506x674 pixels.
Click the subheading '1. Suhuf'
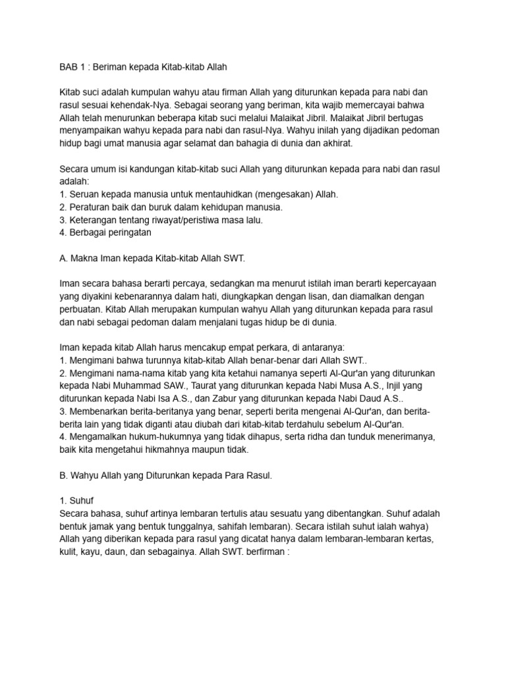[x=76, y=500]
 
